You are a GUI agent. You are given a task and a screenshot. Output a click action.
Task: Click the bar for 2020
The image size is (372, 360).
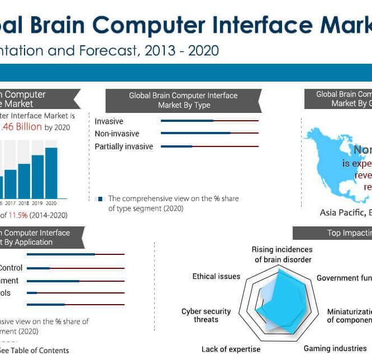click(x=51, y=173)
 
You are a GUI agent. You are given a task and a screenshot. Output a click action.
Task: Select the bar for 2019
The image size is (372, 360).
click(x=37, y=177)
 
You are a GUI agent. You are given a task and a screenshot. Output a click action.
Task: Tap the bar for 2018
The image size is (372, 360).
click(x=24, y=181)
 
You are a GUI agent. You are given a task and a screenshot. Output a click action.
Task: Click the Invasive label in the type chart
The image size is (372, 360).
click(x=109, y=121)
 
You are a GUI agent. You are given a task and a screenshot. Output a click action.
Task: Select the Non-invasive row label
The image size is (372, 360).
click(x=117, y=134)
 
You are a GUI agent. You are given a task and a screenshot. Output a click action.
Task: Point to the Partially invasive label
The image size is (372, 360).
click(x=123, y=146)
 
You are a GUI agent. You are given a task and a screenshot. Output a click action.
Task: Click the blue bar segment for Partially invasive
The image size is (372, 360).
click(x=176, y=146)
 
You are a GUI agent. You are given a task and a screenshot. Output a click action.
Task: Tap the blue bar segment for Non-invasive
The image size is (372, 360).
click(x=195, y=133)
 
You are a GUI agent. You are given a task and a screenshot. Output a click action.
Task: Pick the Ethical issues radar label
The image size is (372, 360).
click(x=216, y=276)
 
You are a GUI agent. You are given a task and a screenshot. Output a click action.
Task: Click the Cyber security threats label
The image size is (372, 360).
click(x=206, y=315)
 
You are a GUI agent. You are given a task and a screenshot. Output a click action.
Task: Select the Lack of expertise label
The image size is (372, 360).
click(x=231, y=349)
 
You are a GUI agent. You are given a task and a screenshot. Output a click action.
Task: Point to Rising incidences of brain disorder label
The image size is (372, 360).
click(x=282, y=254)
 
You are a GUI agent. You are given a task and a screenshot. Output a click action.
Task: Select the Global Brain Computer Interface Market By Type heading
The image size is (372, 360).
click(x=183, y=100)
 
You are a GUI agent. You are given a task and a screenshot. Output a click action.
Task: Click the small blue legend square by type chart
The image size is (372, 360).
click(x=100, y=198)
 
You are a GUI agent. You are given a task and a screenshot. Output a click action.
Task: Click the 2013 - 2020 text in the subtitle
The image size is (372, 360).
click(x=181, y=51)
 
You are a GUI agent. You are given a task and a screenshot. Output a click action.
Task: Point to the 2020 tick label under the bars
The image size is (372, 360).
click(x=51, y=203)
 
